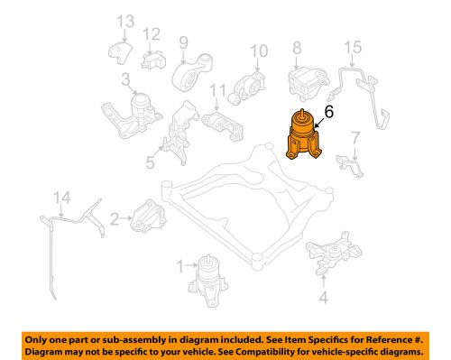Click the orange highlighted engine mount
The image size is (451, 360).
coord(304,135)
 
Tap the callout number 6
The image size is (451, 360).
coord(329,112)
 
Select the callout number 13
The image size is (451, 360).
coord(125,22)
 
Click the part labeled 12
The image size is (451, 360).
coord(153,60)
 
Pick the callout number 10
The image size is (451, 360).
coord(259,51)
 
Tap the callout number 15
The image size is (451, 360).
coord(353,48)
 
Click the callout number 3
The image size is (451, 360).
coord(125,79)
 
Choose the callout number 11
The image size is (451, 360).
coord(217,90)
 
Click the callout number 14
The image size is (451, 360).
coord(62,198)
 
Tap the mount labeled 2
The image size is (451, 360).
coord(148,216)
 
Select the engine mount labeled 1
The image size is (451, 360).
coord(208,281)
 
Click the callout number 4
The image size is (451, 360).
coord(323,298)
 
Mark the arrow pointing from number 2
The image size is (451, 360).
coord(126,217)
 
